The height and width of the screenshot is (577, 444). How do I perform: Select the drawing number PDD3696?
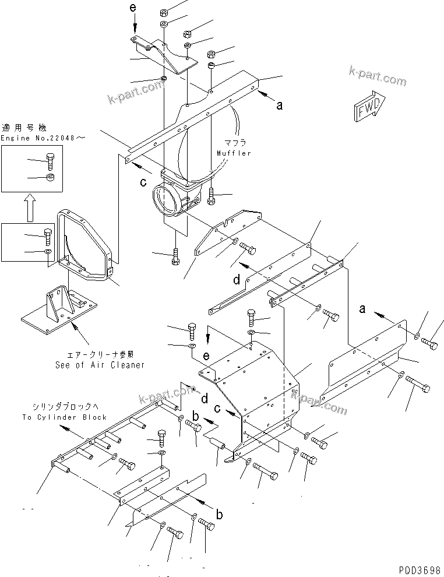[420, 569]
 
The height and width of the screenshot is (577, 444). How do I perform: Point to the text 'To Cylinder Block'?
[65, 417]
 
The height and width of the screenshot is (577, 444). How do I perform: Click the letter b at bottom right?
[219, 514]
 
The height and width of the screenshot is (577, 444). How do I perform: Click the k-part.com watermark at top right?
[377, 76]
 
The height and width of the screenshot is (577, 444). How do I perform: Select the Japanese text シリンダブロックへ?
[65, 407]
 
